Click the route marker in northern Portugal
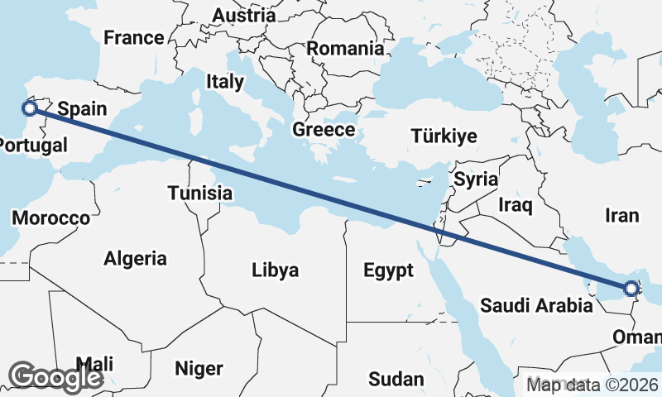coord(29,108)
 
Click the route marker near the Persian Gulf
coord(631,289)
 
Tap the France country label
coord(133,38)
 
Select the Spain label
coord(80,108)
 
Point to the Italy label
coord(225,81)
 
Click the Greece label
coord(324,130)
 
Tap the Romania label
coord(345,48)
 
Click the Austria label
coord(243,15)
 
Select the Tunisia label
coord(199,193)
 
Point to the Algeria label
coord(135,258)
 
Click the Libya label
coord(276,270)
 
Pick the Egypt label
coord(388,270)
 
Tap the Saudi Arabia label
coord(536,305)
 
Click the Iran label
coord(622,216)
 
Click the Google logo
coord(55,377)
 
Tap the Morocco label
coord(50,218)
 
